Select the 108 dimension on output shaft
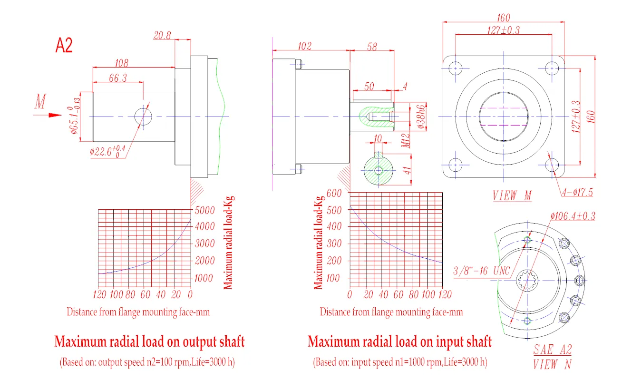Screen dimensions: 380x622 click(122, 62)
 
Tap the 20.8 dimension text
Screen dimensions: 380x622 click(162, 36)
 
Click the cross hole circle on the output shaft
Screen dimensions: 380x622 click(143, 116)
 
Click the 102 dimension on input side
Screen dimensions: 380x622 click(304, 46)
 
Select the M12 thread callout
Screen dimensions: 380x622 click(406, 141)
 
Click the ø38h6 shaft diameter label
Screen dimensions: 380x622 click(420, 117)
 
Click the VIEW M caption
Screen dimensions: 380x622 click(512, 196)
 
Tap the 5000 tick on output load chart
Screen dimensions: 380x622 click(205, 210)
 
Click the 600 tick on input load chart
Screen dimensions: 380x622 click(334, 193)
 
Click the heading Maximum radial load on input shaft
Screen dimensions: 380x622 click(399, 341)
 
